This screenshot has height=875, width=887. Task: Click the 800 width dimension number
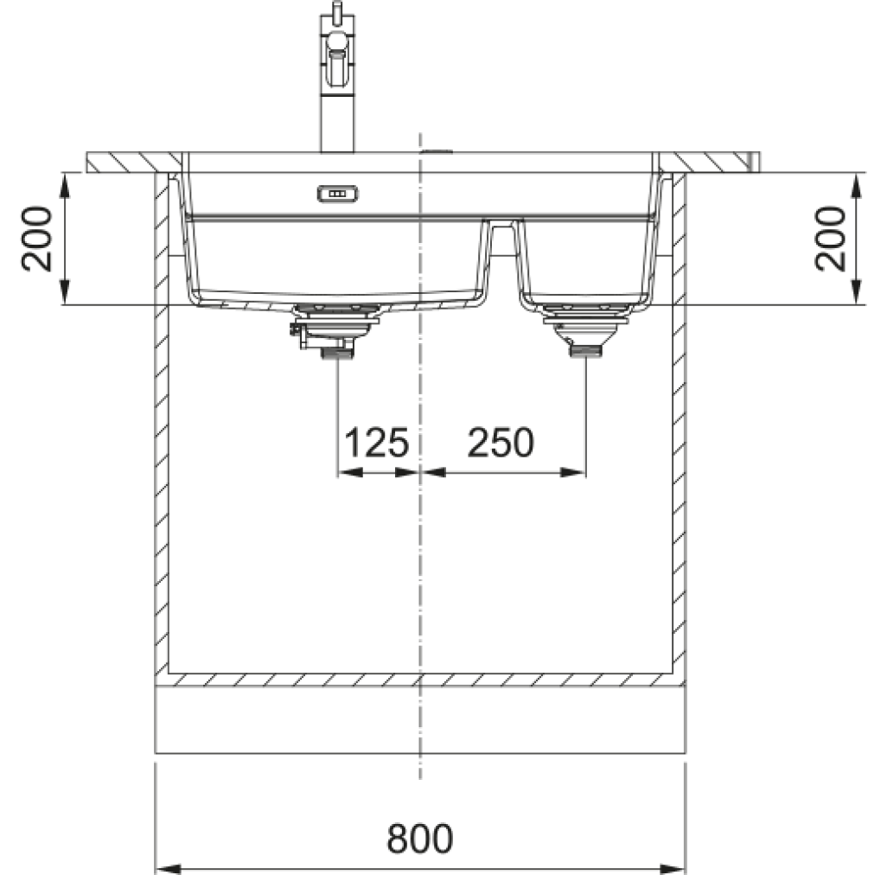pyautogui.click(x=420, y=838)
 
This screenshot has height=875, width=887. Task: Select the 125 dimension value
pyautogui.click(x=376, y=442)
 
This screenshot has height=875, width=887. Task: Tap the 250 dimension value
pyautogui.click(x=501, y=442)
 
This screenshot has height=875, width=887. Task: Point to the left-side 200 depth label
pyautogui.click(x=37, y=239)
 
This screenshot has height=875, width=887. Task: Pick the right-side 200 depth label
pyautogui.click(x=830, y=239)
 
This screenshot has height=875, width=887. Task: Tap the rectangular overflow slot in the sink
pyautogui.click(x=337, y=194)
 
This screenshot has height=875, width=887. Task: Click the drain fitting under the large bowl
pyautogui.click(x=335, y=330)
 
